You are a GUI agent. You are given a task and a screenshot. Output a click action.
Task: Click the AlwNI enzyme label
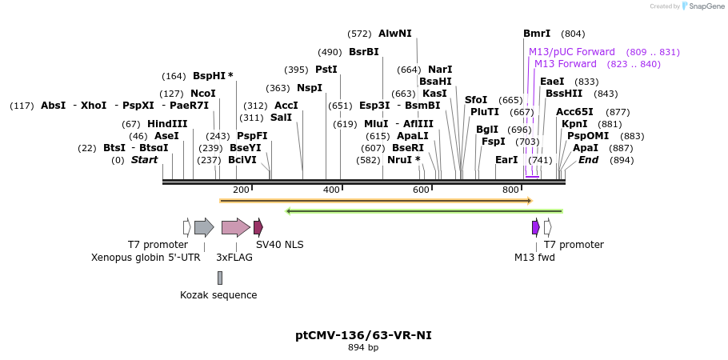[394, 34]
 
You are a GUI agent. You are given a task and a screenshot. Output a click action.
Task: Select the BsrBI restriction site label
[364, 52]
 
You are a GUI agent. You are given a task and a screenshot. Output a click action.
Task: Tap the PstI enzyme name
[326, 70]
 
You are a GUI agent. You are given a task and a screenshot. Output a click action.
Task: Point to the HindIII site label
[167, 124]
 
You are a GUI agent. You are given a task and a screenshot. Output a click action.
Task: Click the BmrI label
[537, 34]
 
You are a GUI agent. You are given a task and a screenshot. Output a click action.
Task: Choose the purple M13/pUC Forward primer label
[572, 52]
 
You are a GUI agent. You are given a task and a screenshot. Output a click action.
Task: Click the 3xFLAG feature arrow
[235, 227]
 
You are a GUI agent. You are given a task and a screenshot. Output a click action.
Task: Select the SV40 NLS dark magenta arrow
[258, 227]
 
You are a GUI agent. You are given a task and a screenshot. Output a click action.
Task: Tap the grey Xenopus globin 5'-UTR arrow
[204, 227]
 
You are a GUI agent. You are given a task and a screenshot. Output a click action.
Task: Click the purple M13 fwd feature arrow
[536, 227]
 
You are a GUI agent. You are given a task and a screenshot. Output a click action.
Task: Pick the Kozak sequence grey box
[220, 278]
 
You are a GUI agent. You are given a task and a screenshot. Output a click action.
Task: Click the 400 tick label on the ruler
[331, 190]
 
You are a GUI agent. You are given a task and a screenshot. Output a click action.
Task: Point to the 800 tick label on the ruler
[510, 190]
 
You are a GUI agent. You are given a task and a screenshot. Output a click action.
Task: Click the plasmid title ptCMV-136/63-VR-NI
[363, 335]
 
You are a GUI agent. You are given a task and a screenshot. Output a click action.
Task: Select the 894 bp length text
[363, 348]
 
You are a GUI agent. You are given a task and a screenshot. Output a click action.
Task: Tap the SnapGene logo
[702, 6]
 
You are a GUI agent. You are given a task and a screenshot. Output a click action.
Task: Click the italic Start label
[145, 160]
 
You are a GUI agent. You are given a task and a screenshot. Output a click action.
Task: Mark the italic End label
[588, 160]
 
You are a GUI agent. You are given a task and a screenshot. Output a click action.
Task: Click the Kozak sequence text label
[218, 295]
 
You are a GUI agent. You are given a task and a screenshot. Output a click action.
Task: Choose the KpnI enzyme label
[574, 124]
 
